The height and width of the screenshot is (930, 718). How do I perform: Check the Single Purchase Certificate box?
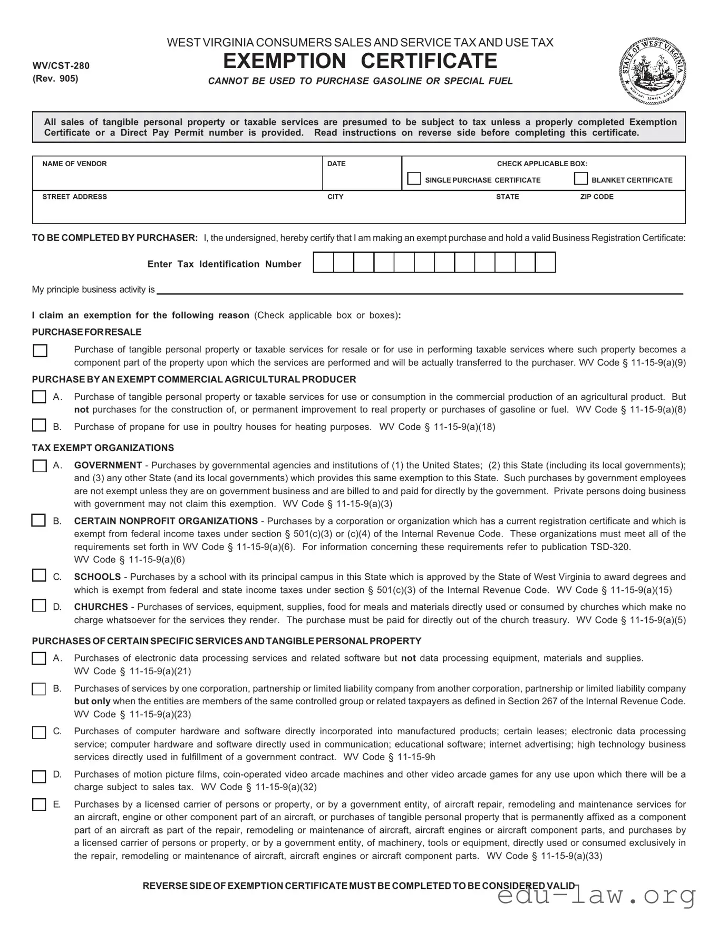pos(414,179)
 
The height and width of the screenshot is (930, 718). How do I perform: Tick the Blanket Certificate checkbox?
pos(580,179)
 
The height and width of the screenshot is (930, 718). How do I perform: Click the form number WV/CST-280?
pos(61,66)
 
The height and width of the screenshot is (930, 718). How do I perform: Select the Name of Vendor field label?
pos(74,164)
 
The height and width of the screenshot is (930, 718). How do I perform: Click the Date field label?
pos(336,164)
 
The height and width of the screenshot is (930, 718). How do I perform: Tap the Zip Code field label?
pos(597,197)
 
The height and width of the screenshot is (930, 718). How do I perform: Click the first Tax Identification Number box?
pos(323,262)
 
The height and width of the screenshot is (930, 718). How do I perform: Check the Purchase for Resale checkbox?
pos(40,351)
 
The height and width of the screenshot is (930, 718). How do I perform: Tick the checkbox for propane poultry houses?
pos(39,425)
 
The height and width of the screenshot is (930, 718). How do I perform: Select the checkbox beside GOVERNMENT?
pos(40,466)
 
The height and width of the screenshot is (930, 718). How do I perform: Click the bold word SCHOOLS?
pos(98,577)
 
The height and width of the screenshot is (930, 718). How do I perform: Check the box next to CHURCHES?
pos(39,606)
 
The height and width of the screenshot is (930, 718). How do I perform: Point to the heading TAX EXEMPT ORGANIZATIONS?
pos(103,448)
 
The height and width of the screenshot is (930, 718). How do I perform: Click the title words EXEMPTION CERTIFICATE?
pos(360,61)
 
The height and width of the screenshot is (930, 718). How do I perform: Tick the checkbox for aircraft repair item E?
pos(39,804)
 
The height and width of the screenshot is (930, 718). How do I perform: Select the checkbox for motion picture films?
pos(39,776)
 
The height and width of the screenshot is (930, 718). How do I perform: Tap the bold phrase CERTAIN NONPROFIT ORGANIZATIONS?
pos(166,521)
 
